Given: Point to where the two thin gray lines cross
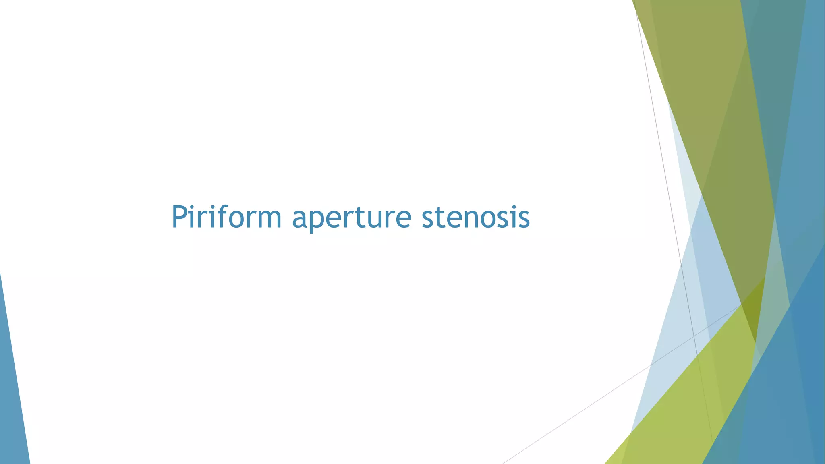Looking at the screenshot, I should pos(694,336).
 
